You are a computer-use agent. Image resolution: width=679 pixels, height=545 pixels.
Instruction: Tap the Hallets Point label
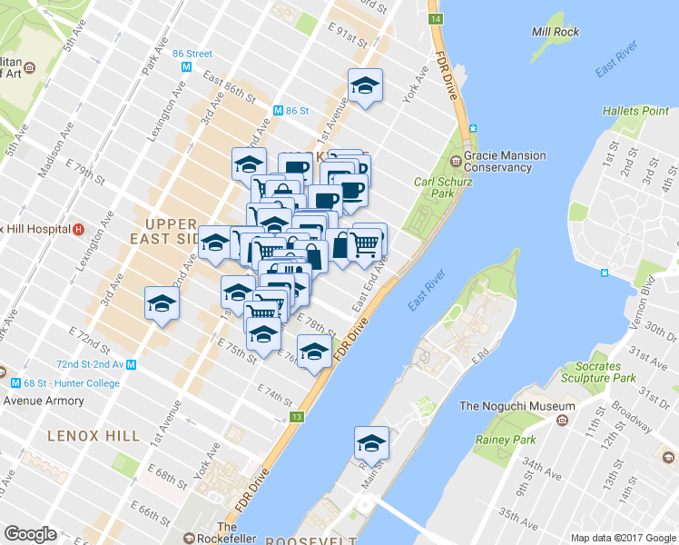coord(635,111)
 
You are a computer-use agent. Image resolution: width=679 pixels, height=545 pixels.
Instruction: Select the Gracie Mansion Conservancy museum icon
coord(456,162)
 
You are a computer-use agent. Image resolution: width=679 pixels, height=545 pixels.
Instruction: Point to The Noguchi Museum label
coord(517,406)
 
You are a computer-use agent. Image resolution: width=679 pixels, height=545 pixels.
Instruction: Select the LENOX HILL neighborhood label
coord(94,436)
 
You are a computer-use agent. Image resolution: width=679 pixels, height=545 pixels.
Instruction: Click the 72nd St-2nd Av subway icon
coord(132,364)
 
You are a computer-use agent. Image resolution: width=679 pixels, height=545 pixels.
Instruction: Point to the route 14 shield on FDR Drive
coord(436,19)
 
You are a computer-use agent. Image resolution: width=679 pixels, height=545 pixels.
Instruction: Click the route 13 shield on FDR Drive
coord(296,417)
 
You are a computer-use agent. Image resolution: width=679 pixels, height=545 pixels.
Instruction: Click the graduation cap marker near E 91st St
coord(365,86)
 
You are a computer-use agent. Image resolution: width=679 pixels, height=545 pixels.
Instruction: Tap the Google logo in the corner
coord(30,534)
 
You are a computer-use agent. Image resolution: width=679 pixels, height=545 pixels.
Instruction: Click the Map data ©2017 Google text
coord(623,538)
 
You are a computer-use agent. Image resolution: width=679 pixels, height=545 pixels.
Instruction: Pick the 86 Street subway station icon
coord(186,66)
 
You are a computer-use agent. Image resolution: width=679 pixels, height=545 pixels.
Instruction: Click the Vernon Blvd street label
coord(645,301)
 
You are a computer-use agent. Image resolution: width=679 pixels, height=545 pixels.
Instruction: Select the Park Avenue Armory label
coord(44,401)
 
